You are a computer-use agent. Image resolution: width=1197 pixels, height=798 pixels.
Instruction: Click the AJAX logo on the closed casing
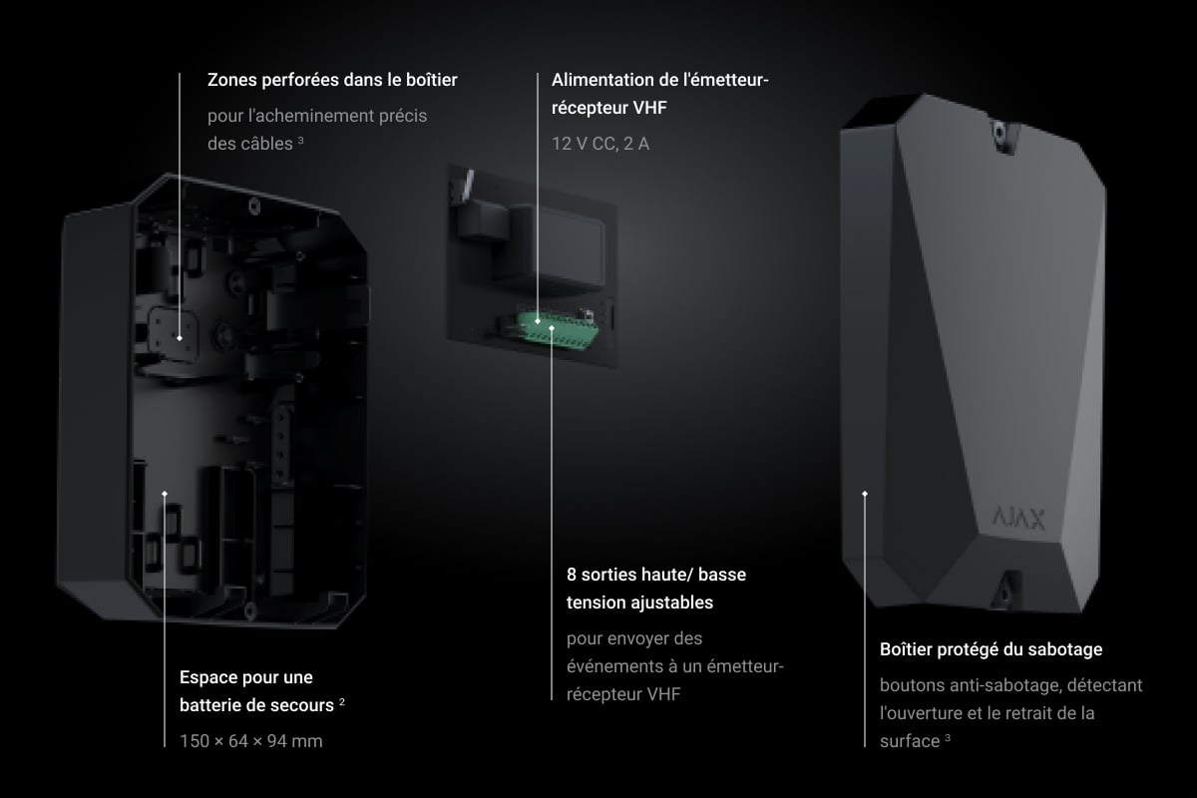point(1018,518)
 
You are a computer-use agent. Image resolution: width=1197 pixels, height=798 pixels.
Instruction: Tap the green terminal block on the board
point(557,330)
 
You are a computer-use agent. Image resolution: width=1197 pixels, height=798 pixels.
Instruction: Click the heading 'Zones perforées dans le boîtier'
point(332,80)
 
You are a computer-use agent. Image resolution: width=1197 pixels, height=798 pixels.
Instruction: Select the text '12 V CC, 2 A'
point(600,144)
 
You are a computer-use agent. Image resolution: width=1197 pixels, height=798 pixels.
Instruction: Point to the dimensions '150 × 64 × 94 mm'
point(251,741)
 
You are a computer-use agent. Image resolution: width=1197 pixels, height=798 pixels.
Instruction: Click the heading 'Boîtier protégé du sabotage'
point(991,649)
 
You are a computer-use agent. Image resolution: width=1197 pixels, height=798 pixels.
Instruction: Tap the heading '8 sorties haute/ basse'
point(656,574)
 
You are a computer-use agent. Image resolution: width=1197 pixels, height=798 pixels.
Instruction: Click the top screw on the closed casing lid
point(998,131)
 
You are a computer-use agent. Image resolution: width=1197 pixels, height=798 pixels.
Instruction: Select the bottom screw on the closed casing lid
point(1005,592)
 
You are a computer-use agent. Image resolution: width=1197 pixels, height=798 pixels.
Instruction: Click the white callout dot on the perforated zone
point(180,338)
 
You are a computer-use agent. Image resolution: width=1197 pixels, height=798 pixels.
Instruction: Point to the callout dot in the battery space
point(165,494)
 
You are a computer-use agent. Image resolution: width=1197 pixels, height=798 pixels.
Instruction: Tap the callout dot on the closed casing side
point(865,494)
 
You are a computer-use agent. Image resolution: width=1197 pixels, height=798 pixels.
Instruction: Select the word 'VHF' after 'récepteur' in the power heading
point(649,108)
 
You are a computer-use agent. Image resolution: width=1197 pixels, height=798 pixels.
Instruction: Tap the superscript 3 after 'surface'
point(948,737)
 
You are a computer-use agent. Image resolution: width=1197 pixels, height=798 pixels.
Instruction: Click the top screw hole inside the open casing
point(254,205)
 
